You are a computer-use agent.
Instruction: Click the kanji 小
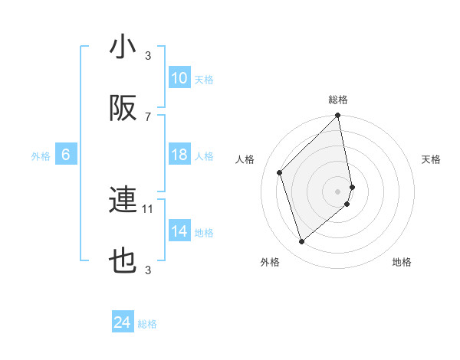[123, 47]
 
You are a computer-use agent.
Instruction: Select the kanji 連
[123, 200]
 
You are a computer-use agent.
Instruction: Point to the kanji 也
[123, 261]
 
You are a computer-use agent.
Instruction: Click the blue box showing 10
[179, 78]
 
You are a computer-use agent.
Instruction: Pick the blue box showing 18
[179, 155]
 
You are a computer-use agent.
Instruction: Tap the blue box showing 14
[179, 231]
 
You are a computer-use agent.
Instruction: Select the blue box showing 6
[66, 155]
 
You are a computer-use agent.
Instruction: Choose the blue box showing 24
[123, 322]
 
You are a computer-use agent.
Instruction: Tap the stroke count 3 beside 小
[148, 55]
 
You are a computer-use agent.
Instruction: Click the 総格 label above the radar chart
[338, 100]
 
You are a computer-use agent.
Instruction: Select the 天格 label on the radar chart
[431, 159]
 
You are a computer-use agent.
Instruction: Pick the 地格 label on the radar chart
[402, 262]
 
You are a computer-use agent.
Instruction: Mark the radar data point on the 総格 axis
[338, 116]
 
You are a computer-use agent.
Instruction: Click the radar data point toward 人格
[280, 172]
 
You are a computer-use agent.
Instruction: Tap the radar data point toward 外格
[302, 242]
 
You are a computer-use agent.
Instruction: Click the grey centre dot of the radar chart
[338, 191]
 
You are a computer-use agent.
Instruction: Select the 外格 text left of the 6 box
[41, 155]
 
